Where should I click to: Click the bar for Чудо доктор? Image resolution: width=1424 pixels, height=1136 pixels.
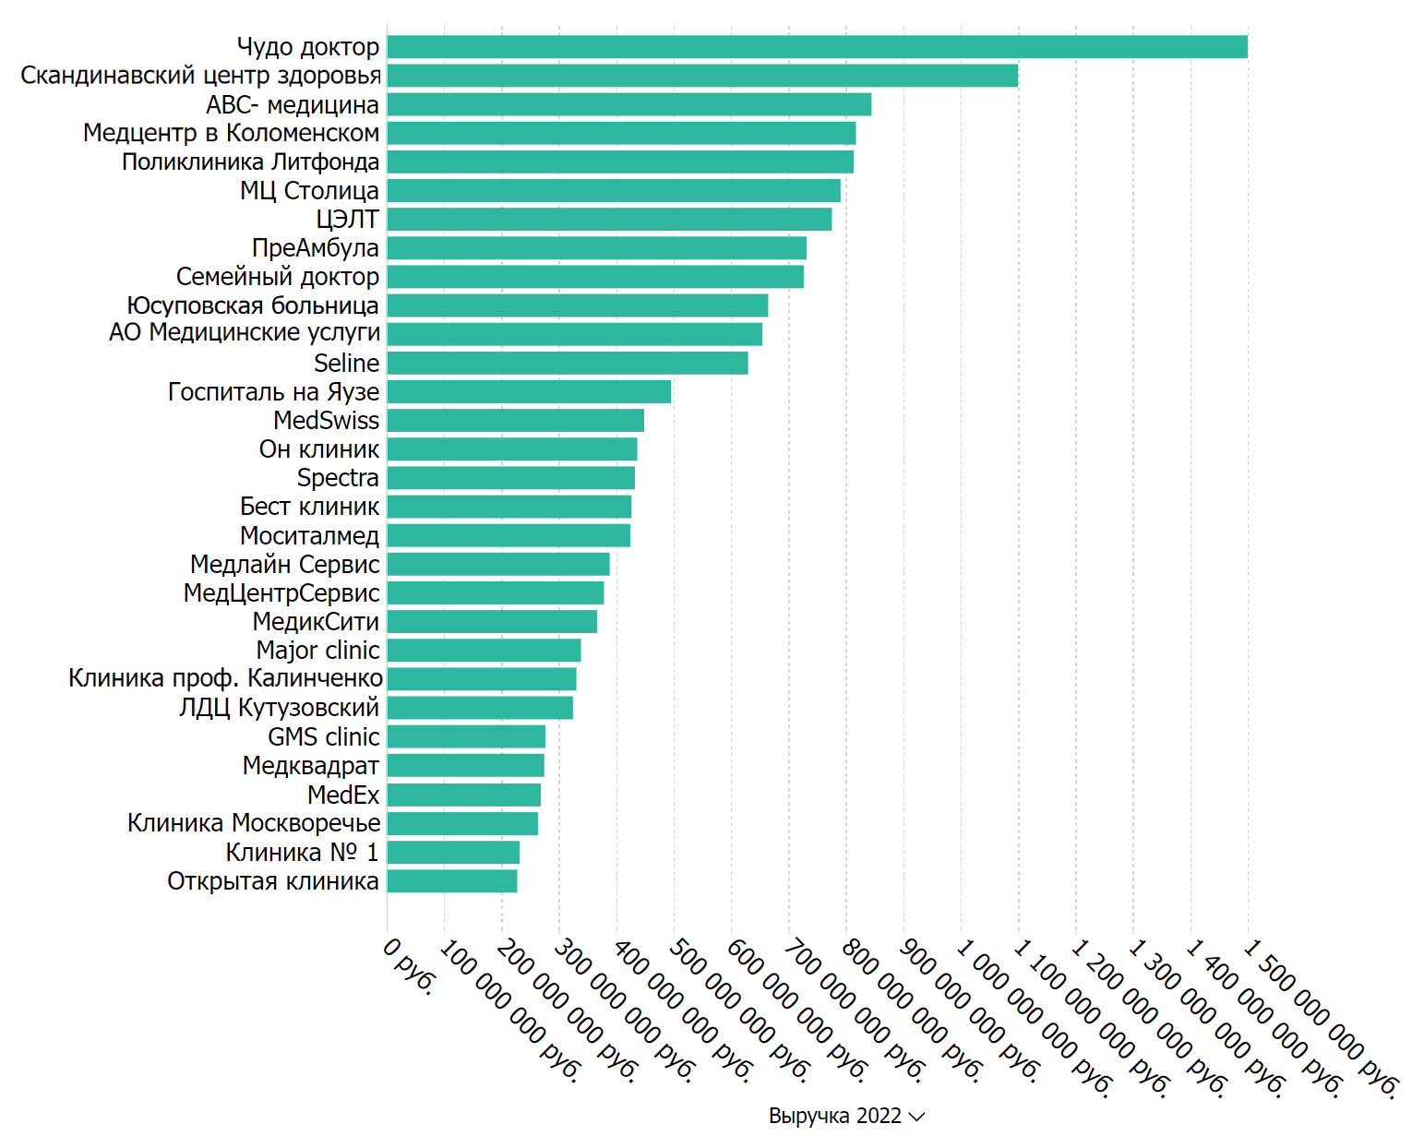coord(817,47)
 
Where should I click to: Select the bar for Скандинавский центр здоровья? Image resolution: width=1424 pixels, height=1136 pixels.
coord(702,76)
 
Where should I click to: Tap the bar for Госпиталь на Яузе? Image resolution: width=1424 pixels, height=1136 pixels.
coord(529,392)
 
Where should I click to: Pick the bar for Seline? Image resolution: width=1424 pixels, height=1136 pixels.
coord(568,364)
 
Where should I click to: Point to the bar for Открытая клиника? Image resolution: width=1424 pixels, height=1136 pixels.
coord(452,881)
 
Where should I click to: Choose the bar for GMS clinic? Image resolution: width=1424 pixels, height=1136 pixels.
coord(466,737)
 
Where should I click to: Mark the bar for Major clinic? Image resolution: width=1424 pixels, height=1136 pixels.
coord(484,651)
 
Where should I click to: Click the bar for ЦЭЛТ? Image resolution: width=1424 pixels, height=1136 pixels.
coord(609,220)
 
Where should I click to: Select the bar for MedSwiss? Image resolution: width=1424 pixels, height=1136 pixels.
coord(515,421)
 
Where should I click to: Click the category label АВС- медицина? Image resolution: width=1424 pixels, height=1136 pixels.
coord(293,105)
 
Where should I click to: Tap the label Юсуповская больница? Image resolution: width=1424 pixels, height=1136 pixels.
coord(253,305)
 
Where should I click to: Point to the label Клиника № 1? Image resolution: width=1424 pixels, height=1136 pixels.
coord(302,852)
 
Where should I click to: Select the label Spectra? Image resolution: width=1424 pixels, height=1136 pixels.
coord(338,478)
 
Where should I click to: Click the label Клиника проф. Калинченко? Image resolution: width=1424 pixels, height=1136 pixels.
coord(225,679)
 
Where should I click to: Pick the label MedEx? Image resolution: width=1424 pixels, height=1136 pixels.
coord(343,795)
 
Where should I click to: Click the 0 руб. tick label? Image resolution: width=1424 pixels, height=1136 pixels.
coord(408,967)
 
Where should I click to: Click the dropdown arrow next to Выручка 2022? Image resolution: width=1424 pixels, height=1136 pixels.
coord(916,1117)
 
